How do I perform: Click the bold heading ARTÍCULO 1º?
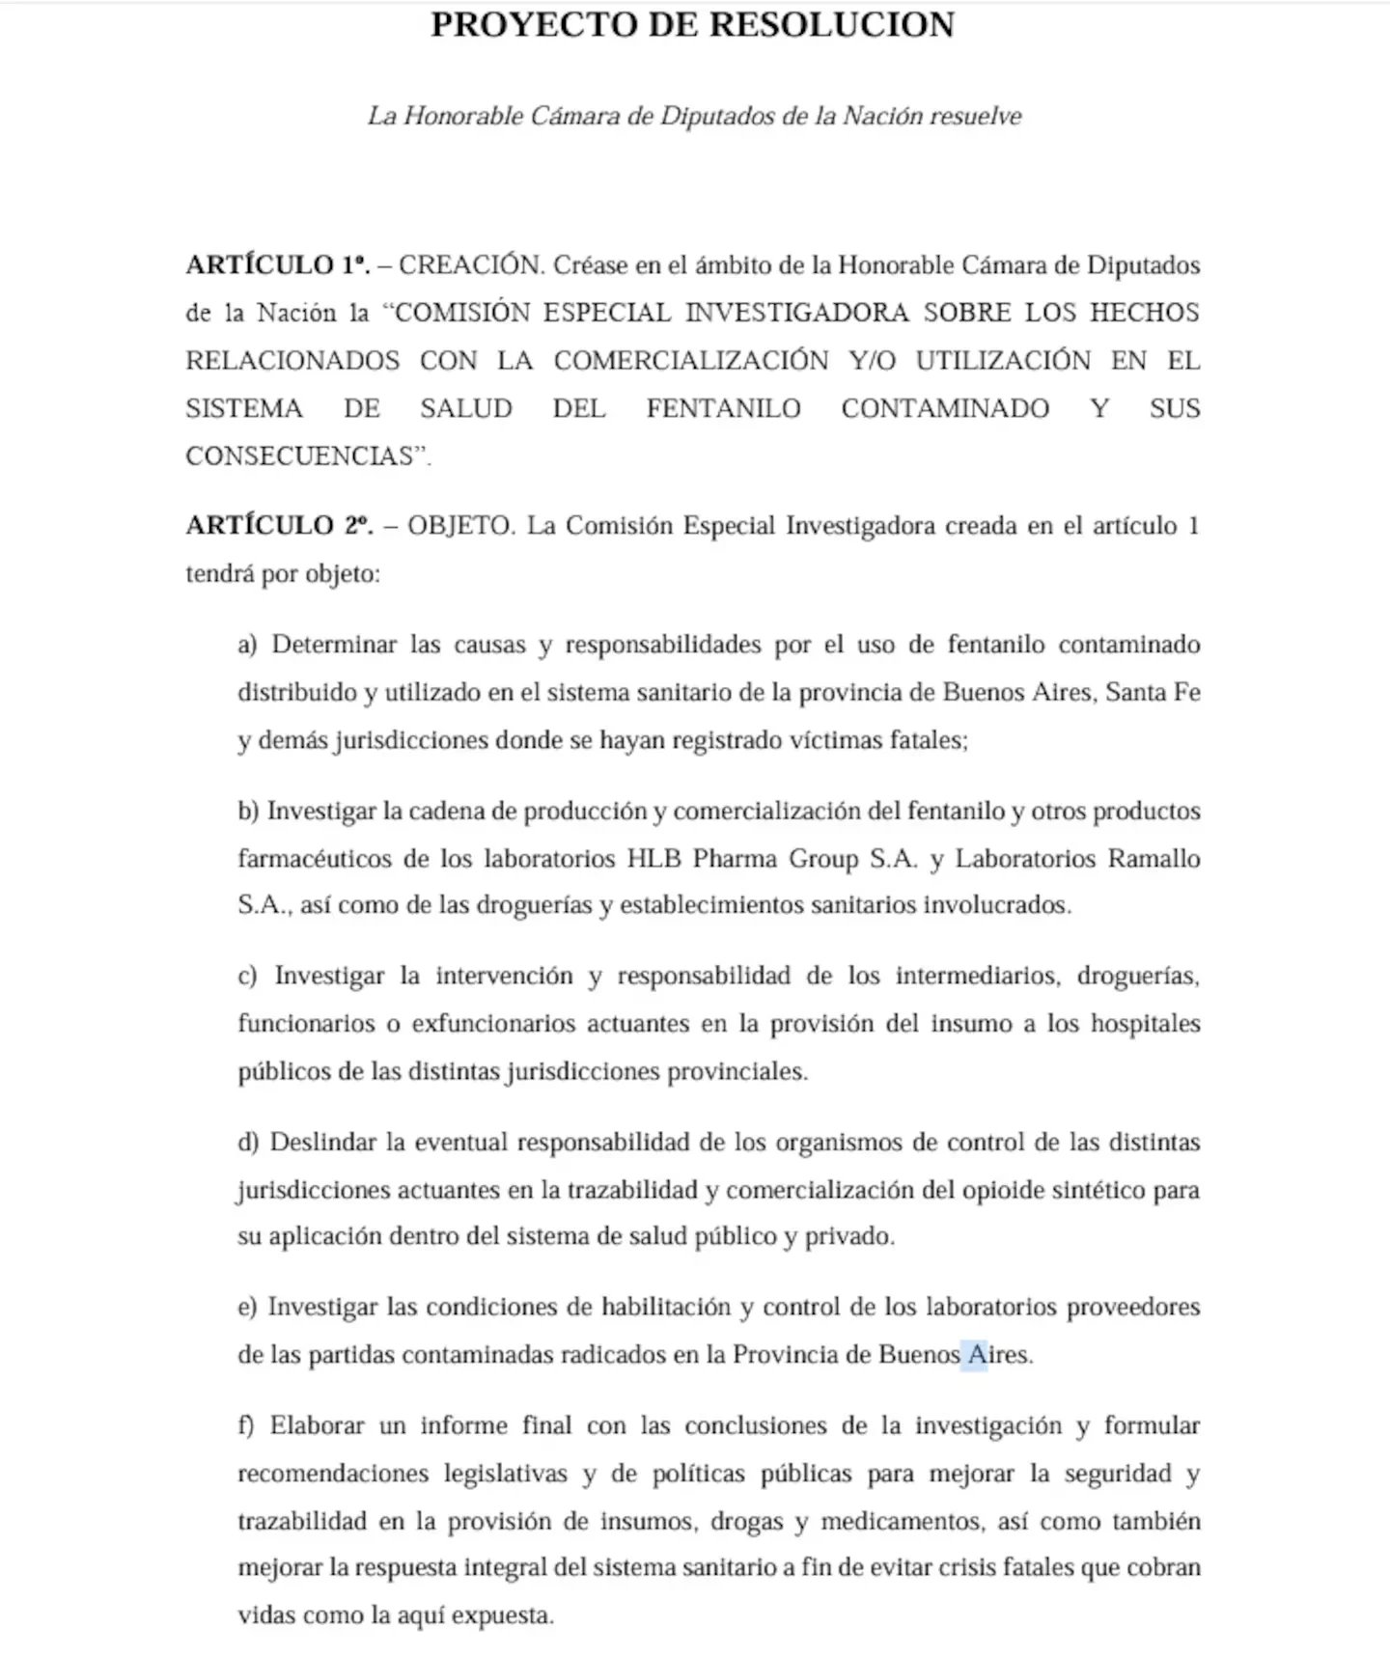(x=278, y=265)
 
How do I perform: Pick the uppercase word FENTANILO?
(x=723, y=408)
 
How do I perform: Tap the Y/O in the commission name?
(x=873, y=360)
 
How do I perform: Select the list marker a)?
(x=247, y=645)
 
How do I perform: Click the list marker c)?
(x=247, y=976)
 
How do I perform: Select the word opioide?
(x=1003, y=1189)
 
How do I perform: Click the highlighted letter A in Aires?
(x=975, y=1354)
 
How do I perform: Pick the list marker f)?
(x=246, y=1425)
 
